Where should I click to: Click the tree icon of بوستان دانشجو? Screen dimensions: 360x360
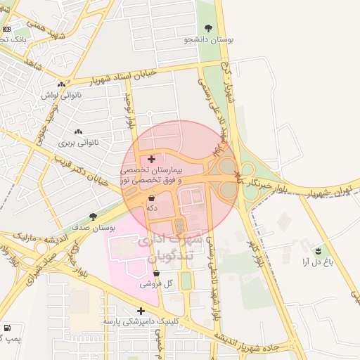click(x=208, y=28)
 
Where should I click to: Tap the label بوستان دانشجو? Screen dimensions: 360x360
click(x=208, y=40)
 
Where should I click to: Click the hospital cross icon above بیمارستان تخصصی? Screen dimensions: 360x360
click(x=151, y=160)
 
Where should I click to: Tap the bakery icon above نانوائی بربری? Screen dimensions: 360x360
click(x=78, y=131)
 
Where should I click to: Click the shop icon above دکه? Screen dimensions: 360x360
click(x=152, y=198)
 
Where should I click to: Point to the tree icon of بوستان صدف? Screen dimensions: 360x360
click(x=93, y=217)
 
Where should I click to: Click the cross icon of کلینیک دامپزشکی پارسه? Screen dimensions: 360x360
click(x=141, y=310)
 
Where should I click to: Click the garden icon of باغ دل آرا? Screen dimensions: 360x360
click(x=319, y=250)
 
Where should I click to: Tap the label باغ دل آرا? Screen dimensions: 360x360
click(x=316, y=262)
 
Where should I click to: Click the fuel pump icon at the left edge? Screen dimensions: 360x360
click(x=7, y=328)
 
